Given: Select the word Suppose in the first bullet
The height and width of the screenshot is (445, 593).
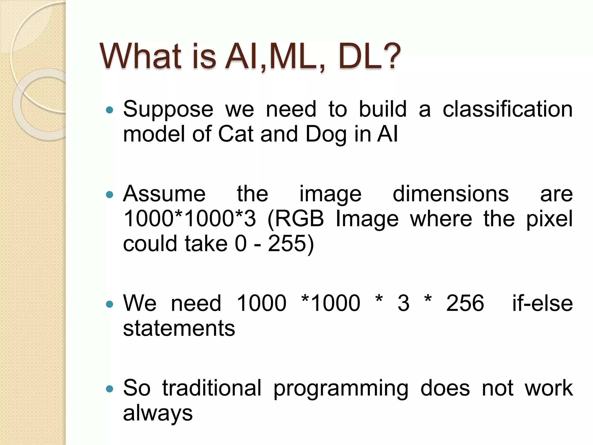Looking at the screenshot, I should (168, 109).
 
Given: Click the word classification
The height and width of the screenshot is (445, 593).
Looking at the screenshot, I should (508, 109).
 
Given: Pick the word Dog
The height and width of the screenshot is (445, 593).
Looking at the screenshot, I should (326, 135).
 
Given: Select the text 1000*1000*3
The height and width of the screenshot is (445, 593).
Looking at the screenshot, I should (190, 218).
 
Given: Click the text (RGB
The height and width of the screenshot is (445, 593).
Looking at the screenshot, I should (296, 219).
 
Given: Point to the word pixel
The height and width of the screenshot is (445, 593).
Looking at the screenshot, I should (549, 219).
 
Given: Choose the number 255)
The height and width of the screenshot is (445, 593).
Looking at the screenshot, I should (291, 244).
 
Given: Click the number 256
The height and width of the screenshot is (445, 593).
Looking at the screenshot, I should (465, 303).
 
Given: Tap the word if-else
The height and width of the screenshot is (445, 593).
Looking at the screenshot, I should (542, 303).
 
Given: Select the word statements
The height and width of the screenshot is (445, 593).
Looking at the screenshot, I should (179, 328).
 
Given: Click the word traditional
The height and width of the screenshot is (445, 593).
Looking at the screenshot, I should (212, 388).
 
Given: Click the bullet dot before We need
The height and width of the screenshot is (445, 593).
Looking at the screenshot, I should (109, 304).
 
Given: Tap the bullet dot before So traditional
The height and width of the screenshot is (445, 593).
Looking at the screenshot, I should (109, 389).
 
